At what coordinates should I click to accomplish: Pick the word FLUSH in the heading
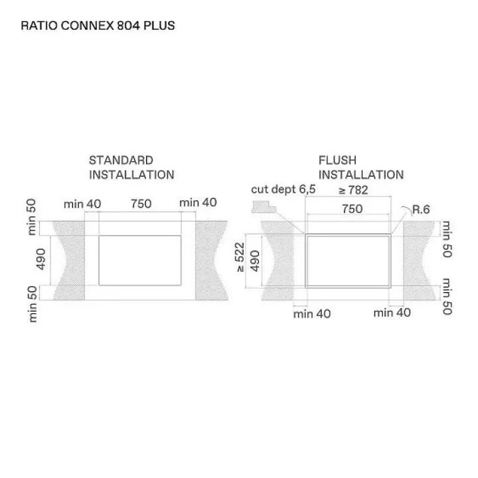(337, 161)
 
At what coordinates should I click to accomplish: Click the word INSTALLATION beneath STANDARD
(131, 175)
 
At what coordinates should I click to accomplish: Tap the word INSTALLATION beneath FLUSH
(360, 175)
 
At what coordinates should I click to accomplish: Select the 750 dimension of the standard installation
(141, 204)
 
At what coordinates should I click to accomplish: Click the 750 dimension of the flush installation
(352, 209)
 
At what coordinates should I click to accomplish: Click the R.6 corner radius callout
(421, 210)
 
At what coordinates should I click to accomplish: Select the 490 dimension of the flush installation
(254, 262)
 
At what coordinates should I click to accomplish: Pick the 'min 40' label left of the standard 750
(82, 204)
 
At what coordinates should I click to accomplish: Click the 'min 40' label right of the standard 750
(199, 204)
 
